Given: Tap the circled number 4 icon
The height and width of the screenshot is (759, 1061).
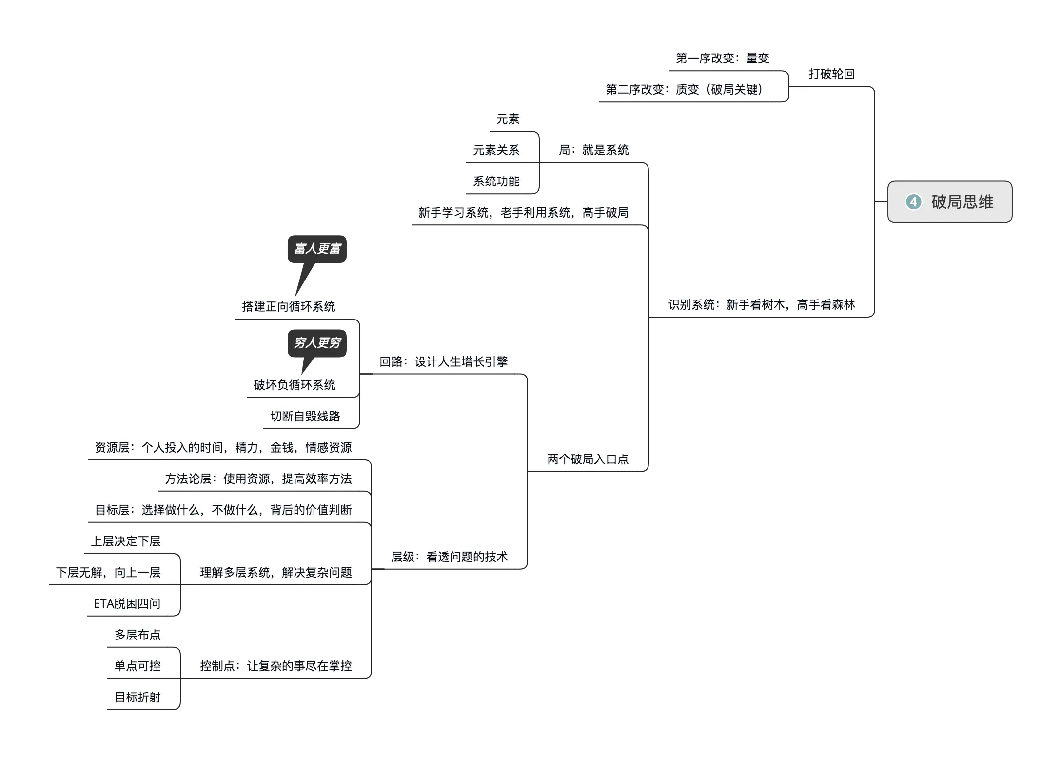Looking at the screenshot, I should (x=913, y=202).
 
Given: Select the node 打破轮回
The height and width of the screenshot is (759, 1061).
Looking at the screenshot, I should (x=831, y=74).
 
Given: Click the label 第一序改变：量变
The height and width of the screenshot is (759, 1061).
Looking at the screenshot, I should (x=722, y=59).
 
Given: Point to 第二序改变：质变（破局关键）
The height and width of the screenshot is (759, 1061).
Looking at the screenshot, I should (x=684, y=90).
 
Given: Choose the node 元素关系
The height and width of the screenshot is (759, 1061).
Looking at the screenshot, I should (x=496, y=150).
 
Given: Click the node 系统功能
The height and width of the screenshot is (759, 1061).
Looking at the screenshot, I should (x=496, y=181).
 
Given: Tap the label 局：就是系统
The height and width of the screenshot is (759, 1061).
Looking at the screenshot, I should (x=593, y=150).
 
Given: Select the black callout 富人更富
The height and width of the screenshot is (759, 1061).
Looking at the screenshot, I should (x=317, y=249).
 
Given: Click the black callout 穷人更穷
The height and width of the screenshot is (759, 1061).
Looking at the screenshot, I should (x=317, y=343).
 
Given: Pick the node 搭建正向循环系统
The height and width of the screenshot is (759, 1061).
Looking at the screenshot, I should (x=288, y=307).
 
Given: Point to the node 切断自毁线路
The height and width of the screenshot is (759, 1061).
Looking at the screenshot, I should (x=305, y=417).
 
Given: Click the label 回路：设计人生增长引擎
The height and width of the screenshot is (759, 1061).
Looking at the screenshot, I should (x=444, y=362).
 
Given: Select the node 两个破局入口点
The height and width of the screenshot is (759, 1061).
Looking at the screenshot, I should (x=588, y=459).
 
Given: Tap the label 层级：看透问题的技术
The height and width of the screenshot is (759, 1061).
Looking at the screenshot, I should (x=449, y=557).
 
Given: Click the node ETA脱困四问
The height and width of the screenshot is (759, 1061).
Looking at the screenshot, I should (x=127, y=604).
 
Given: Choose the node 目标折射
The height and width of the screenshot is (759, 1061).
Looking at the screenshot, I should (x=138, y=698).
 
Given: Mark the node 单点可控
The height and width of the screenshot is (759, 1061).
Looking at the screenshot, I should (x=138, y=666).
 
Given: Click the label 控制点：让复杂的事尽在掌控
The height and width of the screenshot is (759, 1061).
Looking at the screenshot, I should (x=275, y=666).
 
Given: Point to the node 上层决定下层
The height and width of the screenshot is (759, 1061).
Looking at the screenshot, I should (x=126, y=541).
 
